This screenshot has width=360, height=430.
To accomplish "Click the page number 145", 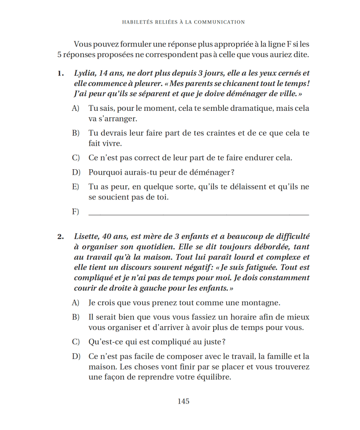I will pyautogui.click(x=183, y=401).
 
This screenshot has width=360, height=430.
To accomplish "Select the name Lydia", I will pyautogui.click(x=84, y=73).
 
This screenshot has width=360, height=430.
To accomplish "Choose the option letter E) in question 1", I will pyautogui.click(x=76, y=187).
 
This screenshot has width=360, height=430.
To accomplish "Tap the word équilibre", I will pyautogui.click(x=211, y=377).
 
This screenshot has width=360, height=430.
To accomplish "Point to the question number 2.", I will pyautogui.click(x=61, y=236).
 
